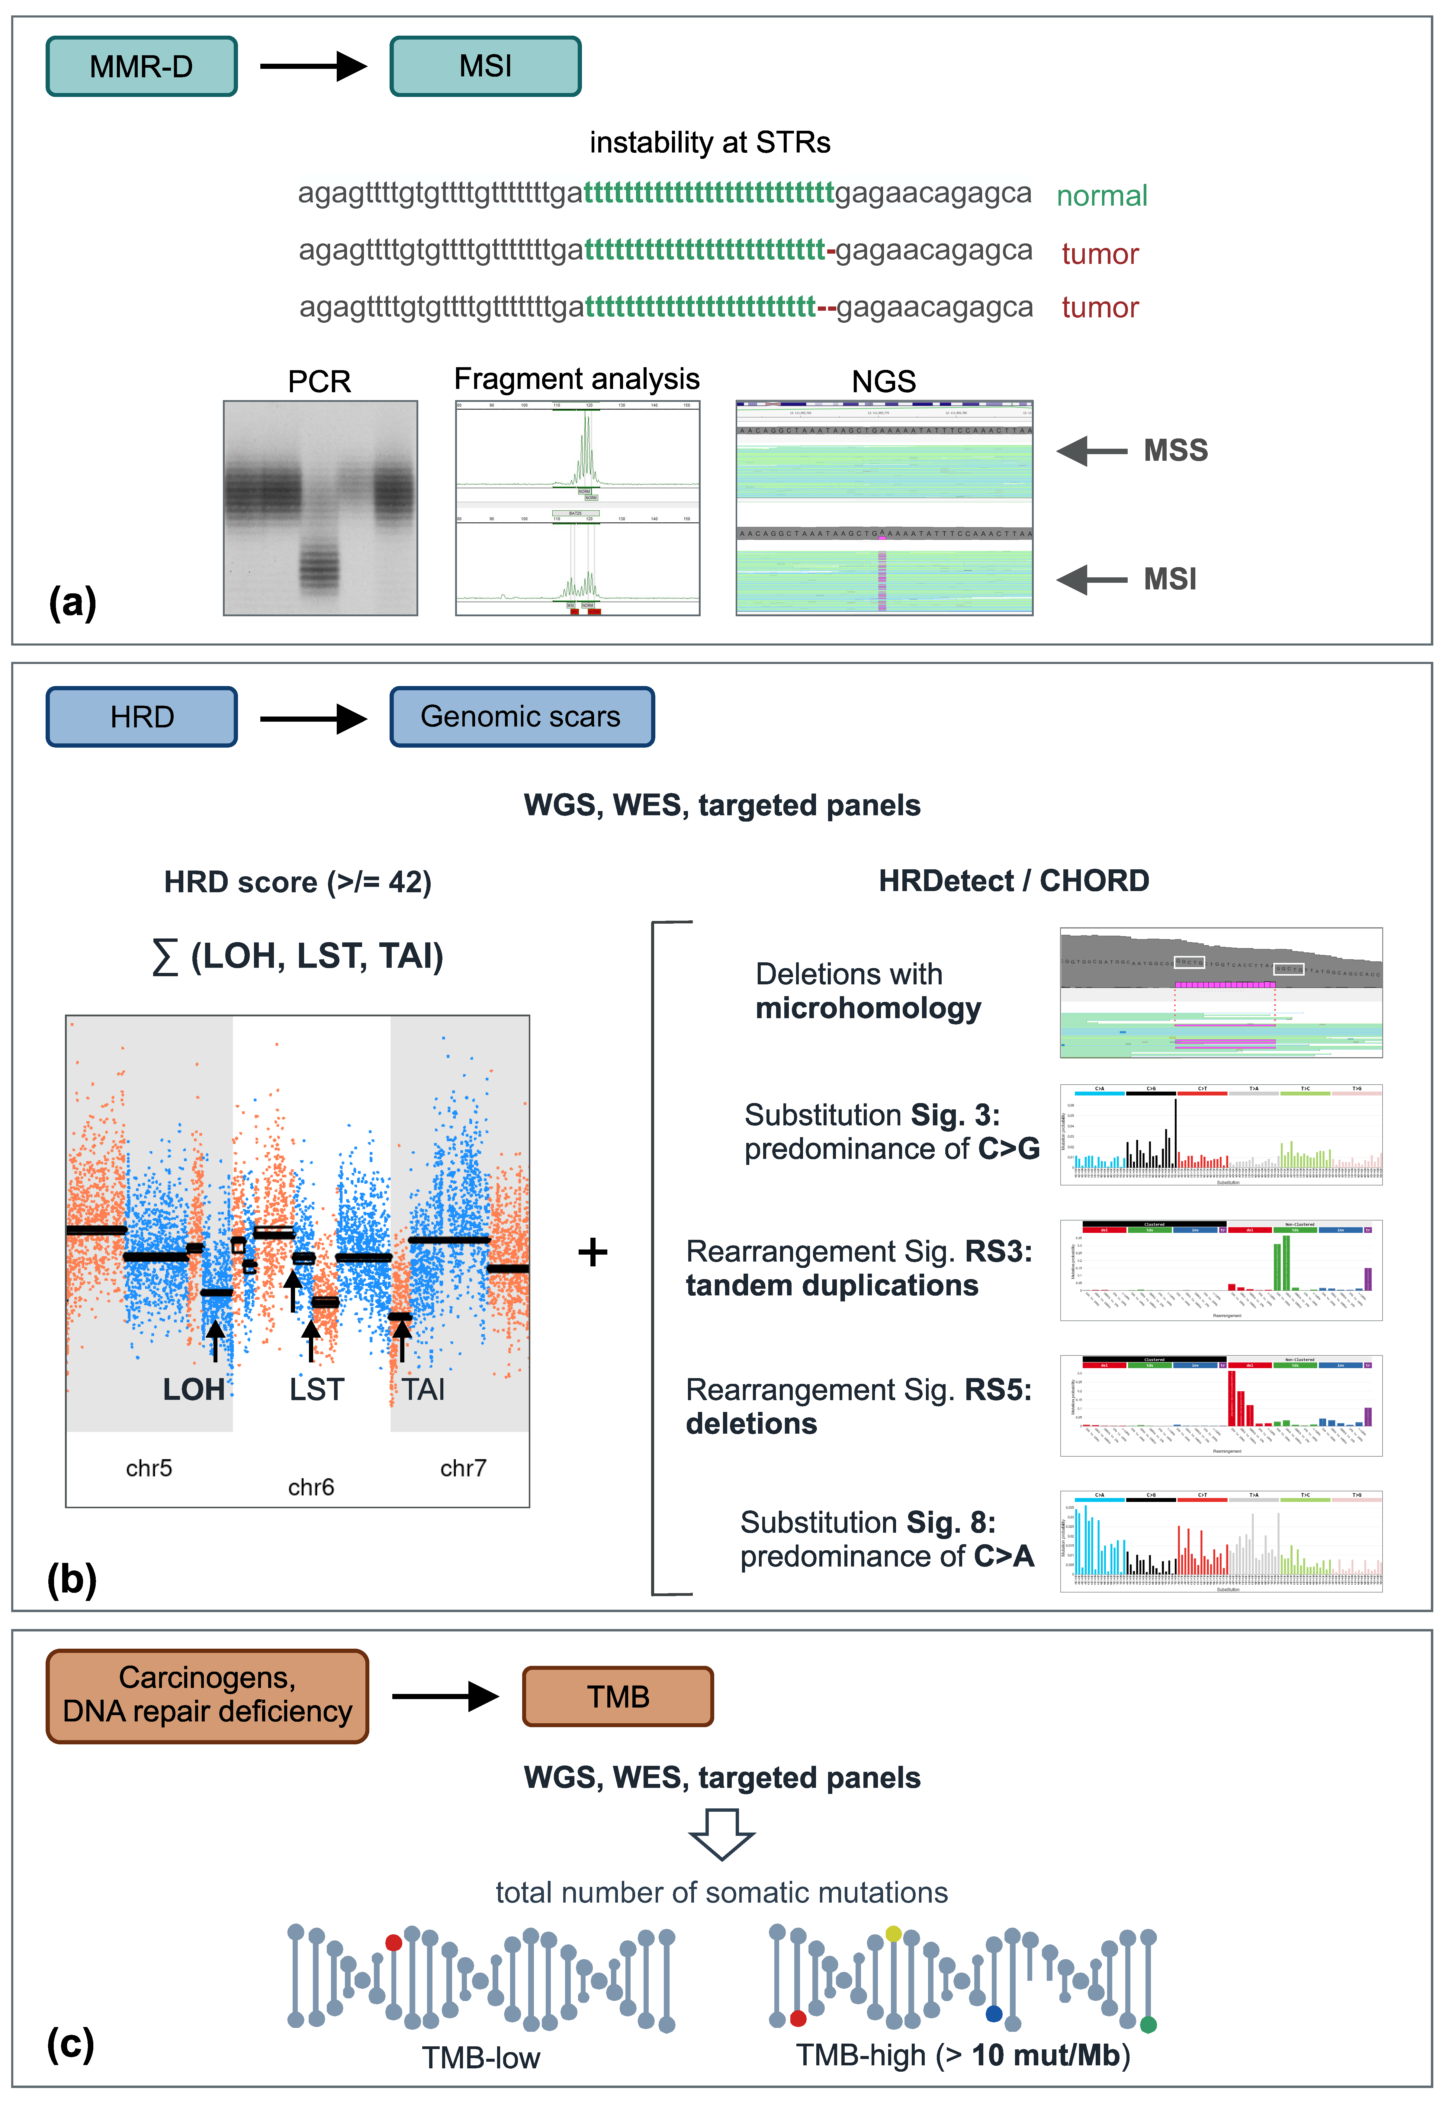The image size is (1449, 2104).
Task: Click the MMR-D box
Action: [x=142, y=66]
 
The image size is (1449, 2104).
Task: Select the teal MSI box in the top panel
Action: [x=485, y=66]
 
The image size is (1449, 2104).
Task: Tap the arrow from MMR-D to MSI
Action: [x=313, y=66]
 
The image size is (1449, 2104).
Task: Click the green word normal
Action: [x=1101, y=196]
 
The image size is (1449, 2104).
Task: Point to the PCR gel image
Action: [x=320, y=508]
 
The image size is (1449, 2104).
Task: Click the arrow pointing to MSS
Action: [x=1091, y=450]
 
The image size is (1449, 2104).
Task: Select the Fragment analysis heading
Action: [x=577, y=380]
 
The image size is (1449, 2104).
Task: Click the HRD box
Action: [x=142, y=717]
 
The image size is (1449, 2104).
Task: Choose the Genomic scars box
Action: [x=521, y=717]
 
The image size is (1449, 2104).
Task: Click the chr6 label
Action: [x=310, y=1487]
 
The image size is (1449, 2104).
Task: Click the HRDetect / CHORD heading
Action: [x=1013, y=880]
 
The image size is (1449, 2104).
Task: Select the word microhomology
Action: [x=868, y=1009]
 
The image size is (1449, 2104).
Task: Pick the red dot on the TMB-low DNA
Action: [x=393, y=1942]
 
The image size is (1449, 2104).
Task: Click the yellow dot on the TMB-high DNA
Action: [x=893, y=1933]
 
